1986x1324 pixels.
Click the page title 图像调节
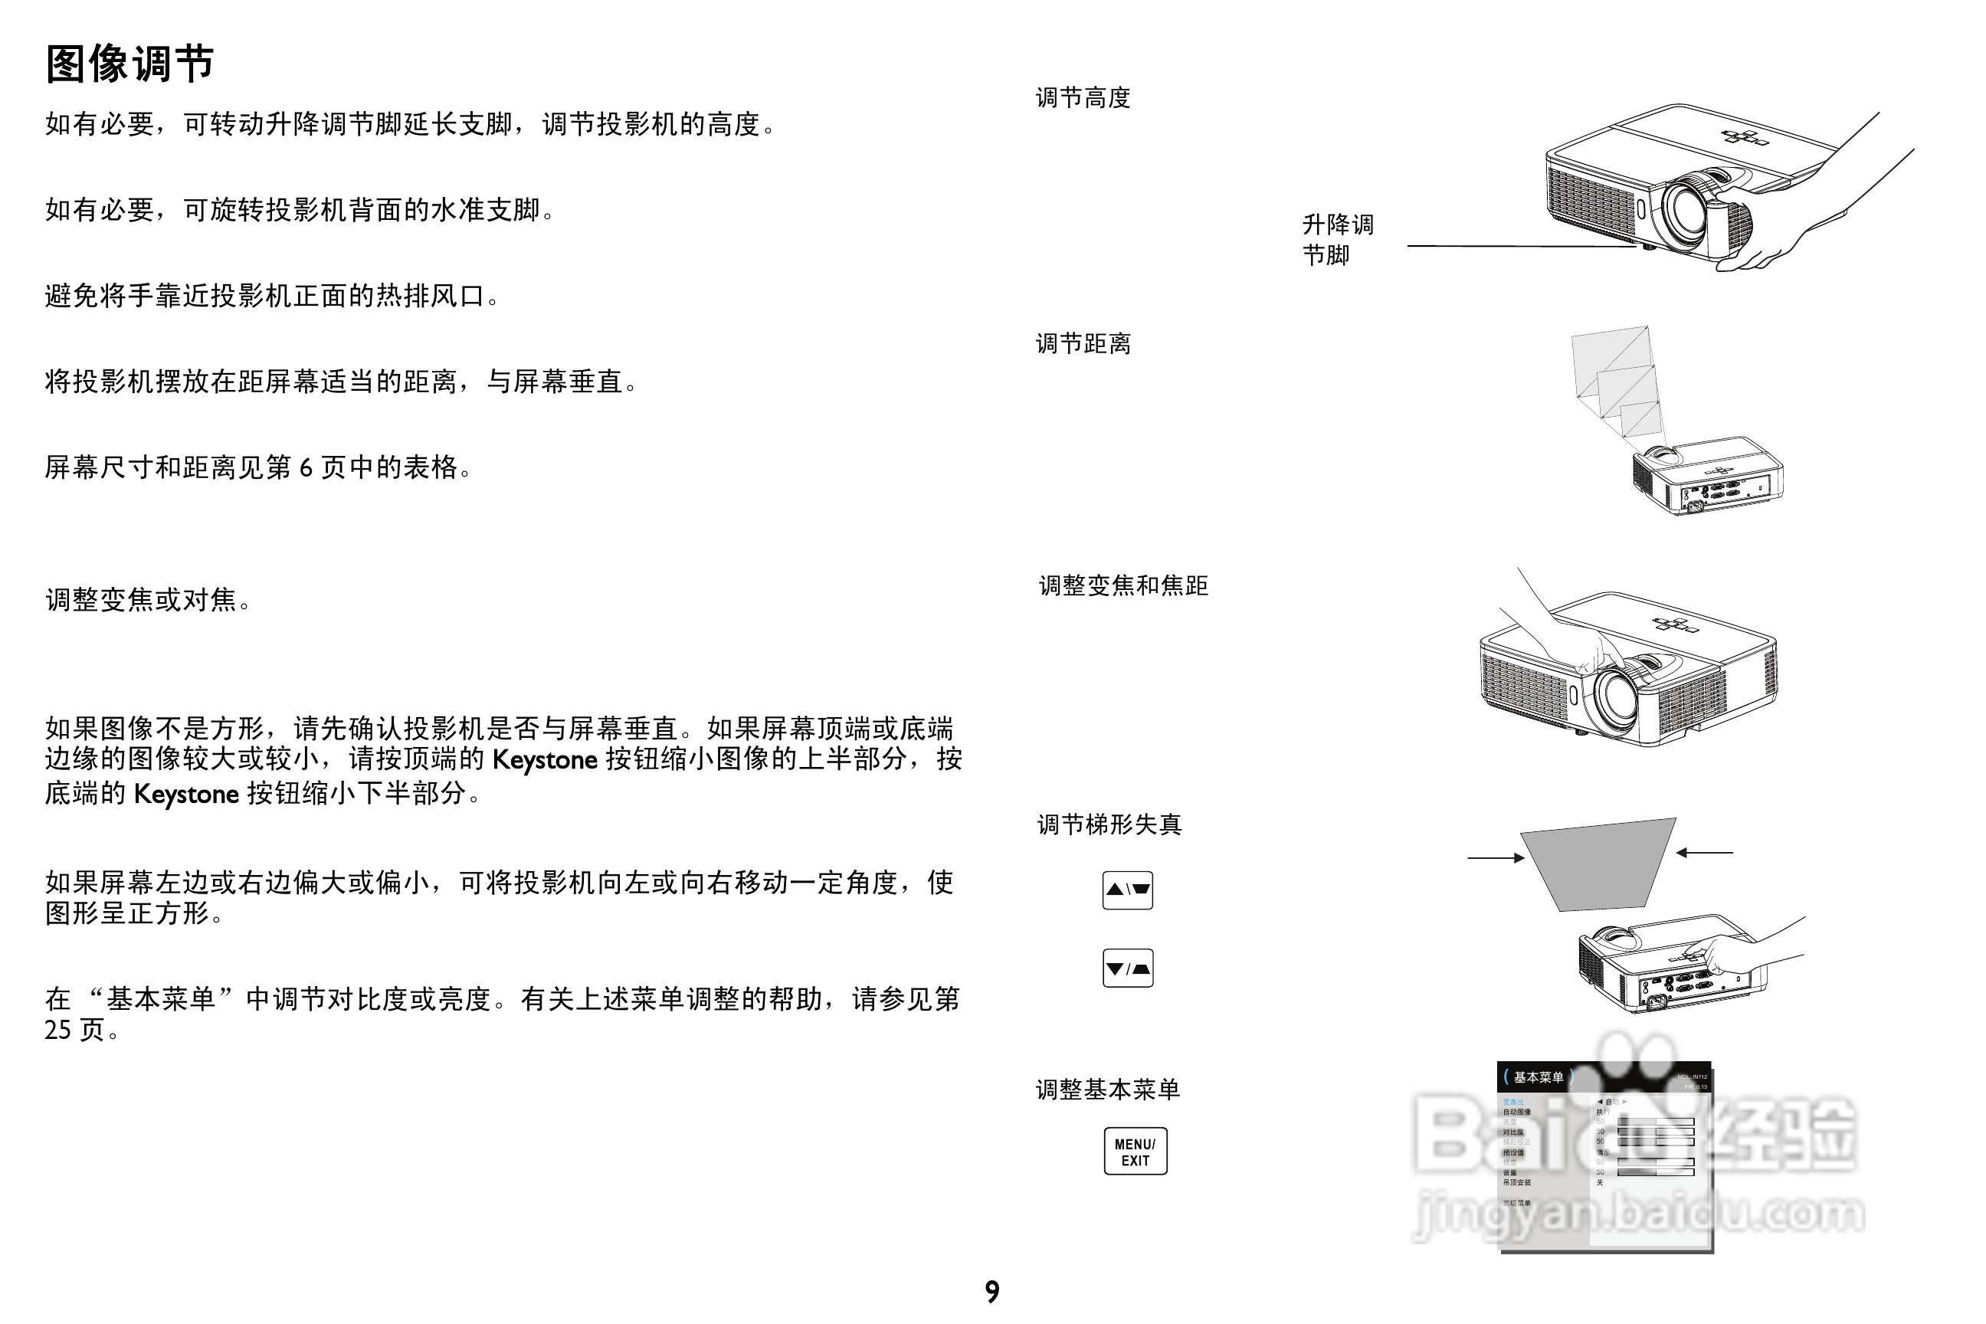[130, 64]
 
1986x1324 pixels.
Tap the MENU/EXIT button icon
[1135, 1151]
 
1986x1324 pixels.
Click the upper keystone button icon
[1127, 890]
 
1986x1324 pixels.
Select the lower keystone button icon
[1127, 968]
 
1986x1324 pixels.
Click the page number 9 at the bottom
[992, 1291]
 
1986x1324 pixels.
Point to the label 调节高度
[1083, 98]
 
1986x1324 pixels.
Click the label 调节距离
[1083, 344]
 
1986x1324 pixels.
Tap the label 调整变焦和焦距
[1123, 585]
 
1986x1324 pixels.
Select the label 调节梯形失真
[1109, 824]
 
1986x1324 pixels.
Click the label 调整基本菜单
[1107, 1090]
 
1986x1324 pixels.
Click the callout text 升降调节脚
[1337, 240]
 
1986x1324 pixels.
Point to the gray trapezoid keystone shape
[1596, 863]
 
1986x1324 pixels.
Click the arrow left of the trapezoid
[1496, 858]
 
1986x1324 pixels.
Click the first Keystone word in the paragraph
[545, 760]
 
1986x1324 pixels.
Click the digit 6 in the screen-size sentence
[306, 467]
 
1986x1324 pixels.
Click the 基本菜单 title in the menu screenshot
[1538, 1077]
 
